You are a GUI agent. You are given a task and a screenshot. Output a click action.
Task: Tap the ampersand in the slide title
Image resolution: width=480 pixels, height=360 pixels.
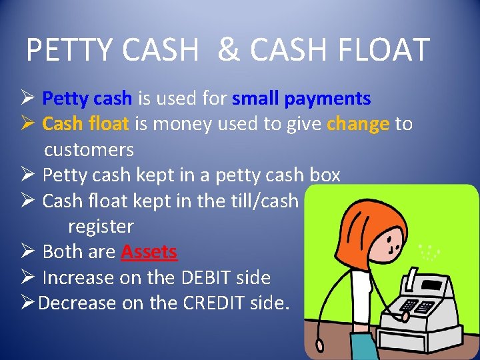pyautogui.click(x=228, y=49)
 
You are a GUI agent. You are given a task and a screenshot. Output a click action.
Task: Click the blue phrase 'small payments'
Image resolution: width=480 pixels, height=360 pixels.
pyautogui.click(x=301, y=99)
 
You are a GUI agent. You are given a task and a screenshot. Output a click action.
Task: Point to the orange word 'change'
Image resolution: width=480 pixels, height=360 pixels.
pyautogui.click(x=358, y=124)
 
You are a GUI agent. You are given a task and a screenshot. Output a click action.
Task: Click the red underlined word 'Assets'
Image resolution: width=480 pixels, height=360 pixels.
pyautogui.click(x=149, y=252)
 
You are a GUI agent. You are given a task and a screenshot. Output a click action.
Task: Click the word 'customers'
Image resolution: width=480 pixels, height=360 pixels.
pyautogui.click(x=89, y=149)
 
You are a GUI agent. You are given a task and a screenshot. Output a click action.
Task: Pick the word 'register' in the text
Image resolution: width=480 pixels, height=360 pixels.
pyautogui.click(x=101, y=227)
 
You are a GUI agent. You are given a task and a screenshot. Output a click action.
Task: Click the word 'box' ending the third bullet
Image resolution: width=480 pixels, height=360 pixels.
pyautogui.click(x=325, y=175)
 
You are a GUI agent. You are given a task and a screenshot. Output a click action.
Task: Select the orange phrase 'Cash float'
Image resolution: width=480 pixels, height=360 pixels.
pyautogui.click(x=87, y=124)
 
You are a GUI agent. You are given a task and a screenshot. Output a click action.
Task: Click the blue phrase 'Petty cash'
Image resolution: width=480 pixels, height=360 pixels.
pyautogui.click(x=87, y=99)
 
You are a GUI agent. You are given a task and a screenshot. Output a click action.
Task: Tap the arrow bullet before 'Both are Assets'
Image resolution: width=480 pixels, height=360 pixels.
pyautogui.click(x=27, y=252)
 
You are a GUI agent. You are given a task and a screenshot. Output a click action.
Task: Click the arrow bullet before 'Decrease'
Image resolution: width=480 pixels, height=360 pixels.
pyautogui.click(x=27, y=303)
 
